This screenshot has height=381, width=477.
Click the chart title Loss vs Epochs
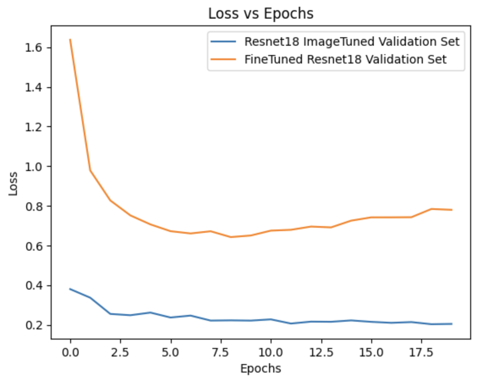click(260, 14)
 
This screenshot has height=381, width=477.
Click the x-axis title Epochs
click(260, 368)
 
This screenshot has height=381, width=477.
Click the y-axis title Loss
click(14, 183)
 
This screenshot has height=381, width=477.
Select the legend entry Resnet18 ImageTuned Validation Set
click(351, 41)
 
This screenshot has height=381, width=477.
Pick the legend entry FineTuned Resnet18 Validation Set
click(345, 59)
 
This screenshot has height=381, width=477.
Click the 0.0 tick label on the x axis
click(70, 352)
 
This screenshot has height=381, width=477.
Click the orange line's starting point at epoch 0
click(70, 39)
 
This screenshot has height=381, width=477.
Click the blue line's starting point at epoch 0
click(70, 289)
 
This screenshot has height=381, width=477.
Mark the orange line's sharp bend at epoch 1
click(90, 171)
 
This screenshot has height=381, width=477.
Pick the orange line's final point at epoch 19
click(452, 210)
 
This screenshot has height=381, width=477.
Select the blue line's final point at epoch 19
click(452, 324)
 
